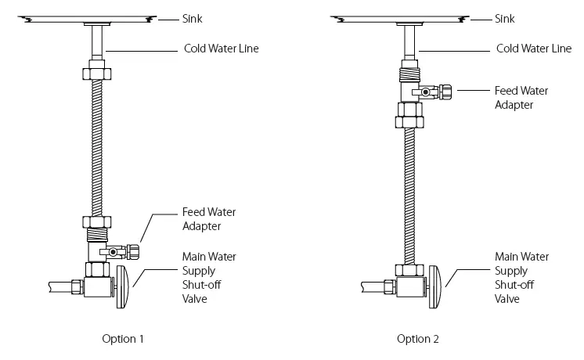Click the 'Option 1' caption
124,339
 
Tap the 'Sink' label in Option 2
506,17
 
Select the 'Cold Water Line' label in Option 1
222,49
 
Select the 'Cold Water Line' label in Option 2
534,49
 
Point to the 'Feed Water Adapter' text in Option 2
521,97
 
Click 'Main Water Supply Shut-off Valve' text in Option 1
208,277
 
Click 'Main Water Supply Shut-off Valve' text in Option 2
520,277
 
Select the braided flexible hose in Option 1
97,149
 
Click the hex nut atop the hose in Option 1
97,76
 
